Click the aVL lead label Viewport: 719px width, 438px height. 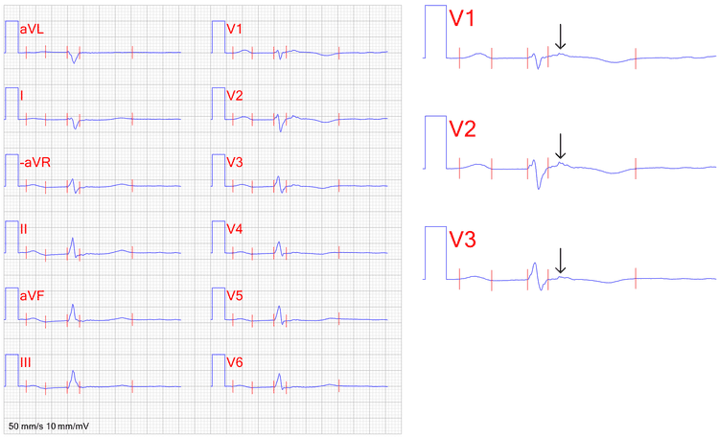pyautogui.click(x=32, y=30)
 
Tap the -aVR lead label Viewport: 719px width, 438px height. pyautogui.click(x=35, y=162)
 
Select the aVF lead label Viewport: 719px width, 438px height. pyautogui.click(x=32, y=296)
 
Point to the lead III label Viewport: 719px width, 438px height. pyautogui.click(x=25, y=362)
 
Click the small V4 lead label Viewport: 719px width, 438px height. pyautogui.click(x=234, y=229)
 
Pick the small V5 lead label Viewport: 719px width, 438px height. pyautogui.click(x=234, y=296)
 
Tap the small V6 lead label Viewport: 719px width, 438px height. pyautogui.click(x=234, y=362)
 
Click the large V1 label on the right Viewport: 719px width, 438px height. pyautogui.click(x=462, y=18)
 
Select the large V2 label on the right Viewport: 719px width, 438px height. pyautogui.click(x=462, y=128)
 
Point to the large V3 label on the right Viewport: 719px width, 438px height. pyautogui.click(x=462, y=240)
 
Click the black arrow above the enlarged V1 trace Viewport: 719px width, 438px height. pyautogui.click(x=560, y=36)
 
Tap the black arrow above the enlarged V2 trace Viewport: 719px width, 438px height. pyautogui.click(x=560, y=146)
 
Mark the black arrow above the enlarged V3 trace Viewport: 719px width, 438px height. pyautogui.click(x=560, y=261)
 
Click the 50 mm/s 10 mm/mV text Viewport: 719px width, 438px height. pyautogui.click(x=49, y=426)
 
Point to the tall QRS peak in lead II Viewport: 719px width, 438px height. pyautogui.click(x=72, y=239)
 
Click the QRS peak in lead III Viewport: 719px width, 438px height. pyautogui.click(x=73, y=372)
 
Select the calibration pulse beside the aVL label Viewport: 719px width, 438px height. pyautogui.click(x=12, y=36)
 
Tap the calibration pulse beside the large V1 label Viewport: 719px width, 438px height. pyautogui.click(x=435, y=32)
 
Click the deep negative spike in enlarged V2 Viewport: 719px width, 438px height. pyautogui.click(x=539, y=188)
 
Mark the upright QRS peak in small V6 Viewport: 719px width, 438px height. pyautogui.click(x=279, y=375)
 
